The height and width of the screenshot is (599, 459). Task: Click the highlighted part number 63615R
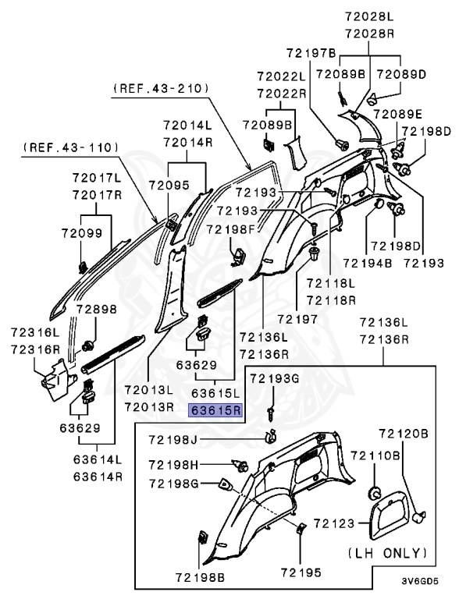[x=215, y=409]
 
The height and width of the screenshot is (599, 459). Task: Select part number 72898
[x=95, y=309]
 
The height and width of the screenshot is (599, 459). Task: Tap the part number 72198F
[x=230, y=229]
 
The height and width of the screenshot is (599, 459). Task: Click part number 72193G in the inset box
[x=274, y=378]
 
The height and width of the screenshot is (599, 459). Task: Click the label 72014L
[x=187, y=125]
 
